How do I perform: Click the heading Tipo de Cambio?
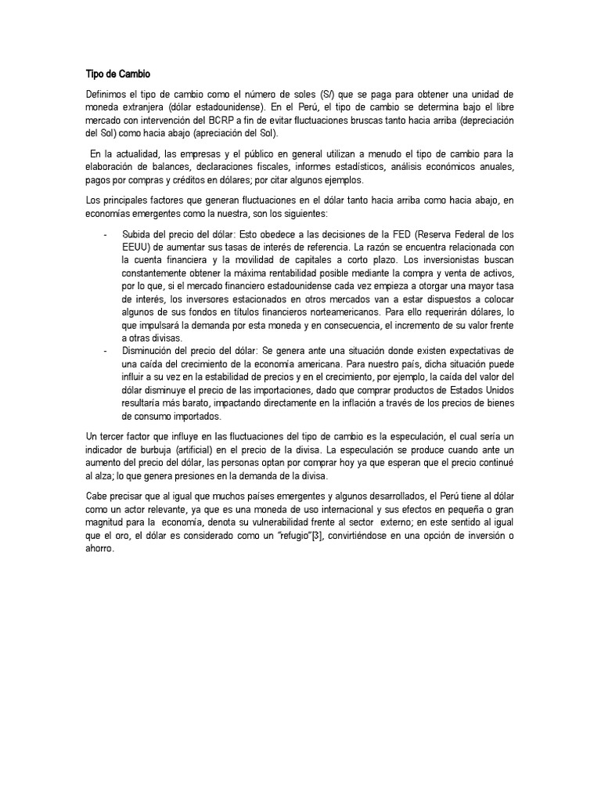tap(117, 74)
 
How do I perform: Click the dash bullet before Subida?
tap(105, 233)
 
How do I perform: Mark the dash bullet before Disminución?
tap(105, 350)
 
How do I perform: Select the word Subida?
tap(138, 233)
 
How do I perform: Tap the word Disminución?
tap(149, 350)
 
